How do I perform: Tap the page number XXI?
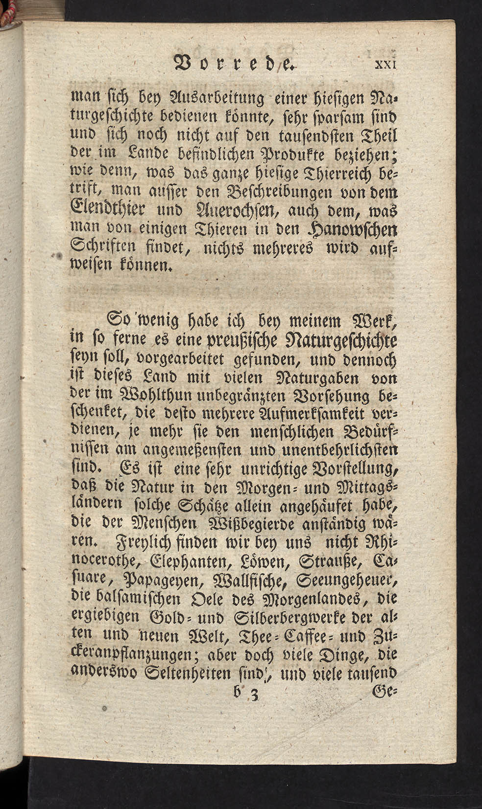pos(388,65)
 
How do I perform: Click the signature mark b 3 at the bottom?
pos(243,693)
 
